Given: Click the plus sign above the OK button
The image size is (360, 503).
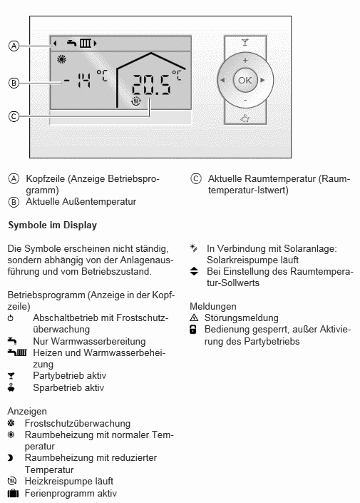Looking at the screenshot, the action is tap(245, 61).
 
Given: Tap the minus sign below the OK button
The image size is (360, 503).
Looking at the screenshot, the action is tap(245, 101).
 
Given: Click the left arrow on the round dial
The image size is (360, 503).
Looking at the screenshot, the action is tap(222, 80).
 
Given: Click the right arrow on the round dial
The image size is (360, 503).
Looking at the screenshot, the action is tap(262, 80).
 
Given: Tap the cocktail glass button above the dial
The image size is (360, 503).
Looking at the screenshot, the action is tap(245, 42).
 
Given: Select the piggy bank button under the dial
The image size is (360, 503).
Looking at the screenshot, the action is tap(245, 118).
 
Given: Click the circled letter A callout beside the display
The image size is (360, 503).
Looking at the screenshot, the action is tap(14, 46).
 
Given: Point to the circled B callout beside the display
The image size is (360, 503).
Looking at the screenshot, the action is tap(14, 83).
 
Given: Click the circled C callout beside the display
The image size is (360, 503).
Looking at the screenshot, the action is tap(14, 116).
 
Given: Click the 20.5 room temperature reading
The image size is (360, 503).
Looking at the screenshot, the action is tap(151, 85).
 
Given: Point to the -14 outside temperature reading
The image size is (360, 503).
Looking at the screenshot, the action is tap(77, 80).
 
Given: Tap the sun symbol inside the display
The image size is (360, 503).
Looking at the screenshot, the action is tap(61, 59).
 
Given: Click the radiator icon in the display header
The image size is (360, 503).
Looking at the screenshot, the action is tap(86, 43).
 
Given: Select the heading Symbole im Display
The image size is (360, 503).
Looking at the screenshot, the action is tap(53, 225).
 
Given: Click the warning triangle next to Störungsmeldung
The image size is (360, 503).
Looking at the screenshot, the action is tap(194, 318).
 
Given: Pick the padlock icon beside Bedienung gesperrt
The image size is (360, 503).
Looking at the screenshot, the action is tap(193, 330).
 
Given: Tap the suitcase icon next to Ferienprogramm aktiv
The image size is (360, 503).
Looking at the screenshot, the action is tap(13, 493).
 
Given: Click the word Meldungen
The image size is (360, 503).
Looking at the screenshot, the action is tap(213, 306).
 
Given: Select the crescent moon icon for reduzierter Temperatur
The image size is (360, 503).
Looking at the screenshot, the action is tap(10, 458).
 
